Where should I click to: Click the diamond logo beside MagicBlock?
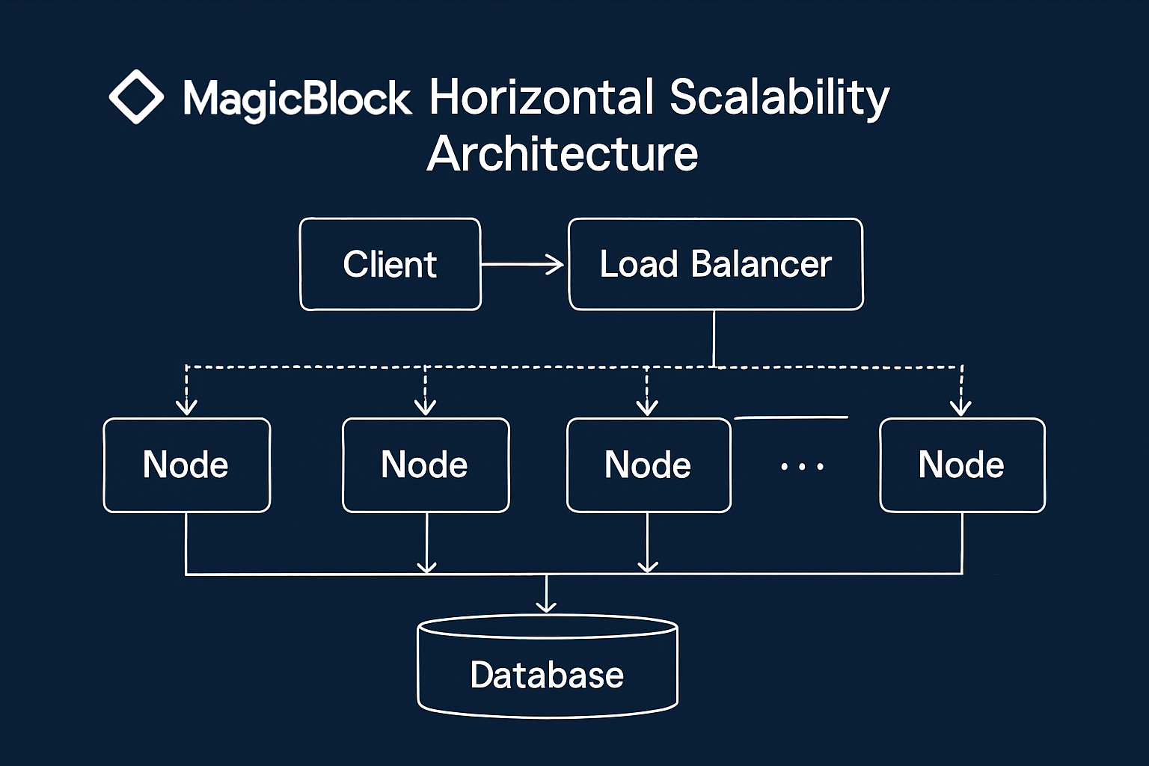(x=136, y=96)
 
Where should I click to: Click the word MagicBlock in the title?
(x=297, y=99)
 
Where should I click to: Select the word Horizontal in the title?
(x=542, y=97)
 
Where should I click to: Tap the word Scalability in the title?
(x=779, y=99)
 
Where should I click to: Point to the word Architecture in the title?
(x=562, y=154)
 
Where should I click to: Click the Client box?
(x=390, y=264)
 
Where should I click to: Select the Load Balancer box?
(x=715, y=264)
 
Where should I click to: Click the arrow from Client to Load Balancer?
(x=522, y=264)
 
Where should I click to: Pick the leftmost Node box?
(x=186, y=465)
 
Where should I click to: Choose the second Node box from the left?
(x=425, y=465)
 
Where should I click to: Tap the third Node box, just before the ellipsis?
(x=648, y=465)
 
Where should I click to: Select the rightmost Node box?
(x=961, y=465)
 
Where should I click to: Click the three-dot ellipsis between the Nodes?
(x=802, y=467)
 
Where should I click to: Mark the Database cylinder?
(x=547, y=668)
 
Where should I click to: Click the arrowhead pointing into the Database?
(x=547, y=604)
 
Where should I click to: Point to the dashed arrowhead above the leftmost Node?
(x=186, y=407)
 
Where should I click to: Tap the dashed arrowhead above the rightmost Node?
(x=960, y=407)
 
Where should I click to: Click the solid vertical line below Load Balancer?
(x=714, y=338)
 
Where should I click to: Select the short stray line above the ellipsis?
(x=791, y=417)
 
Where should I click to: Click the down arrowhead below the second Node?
(x=426, y=566)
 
